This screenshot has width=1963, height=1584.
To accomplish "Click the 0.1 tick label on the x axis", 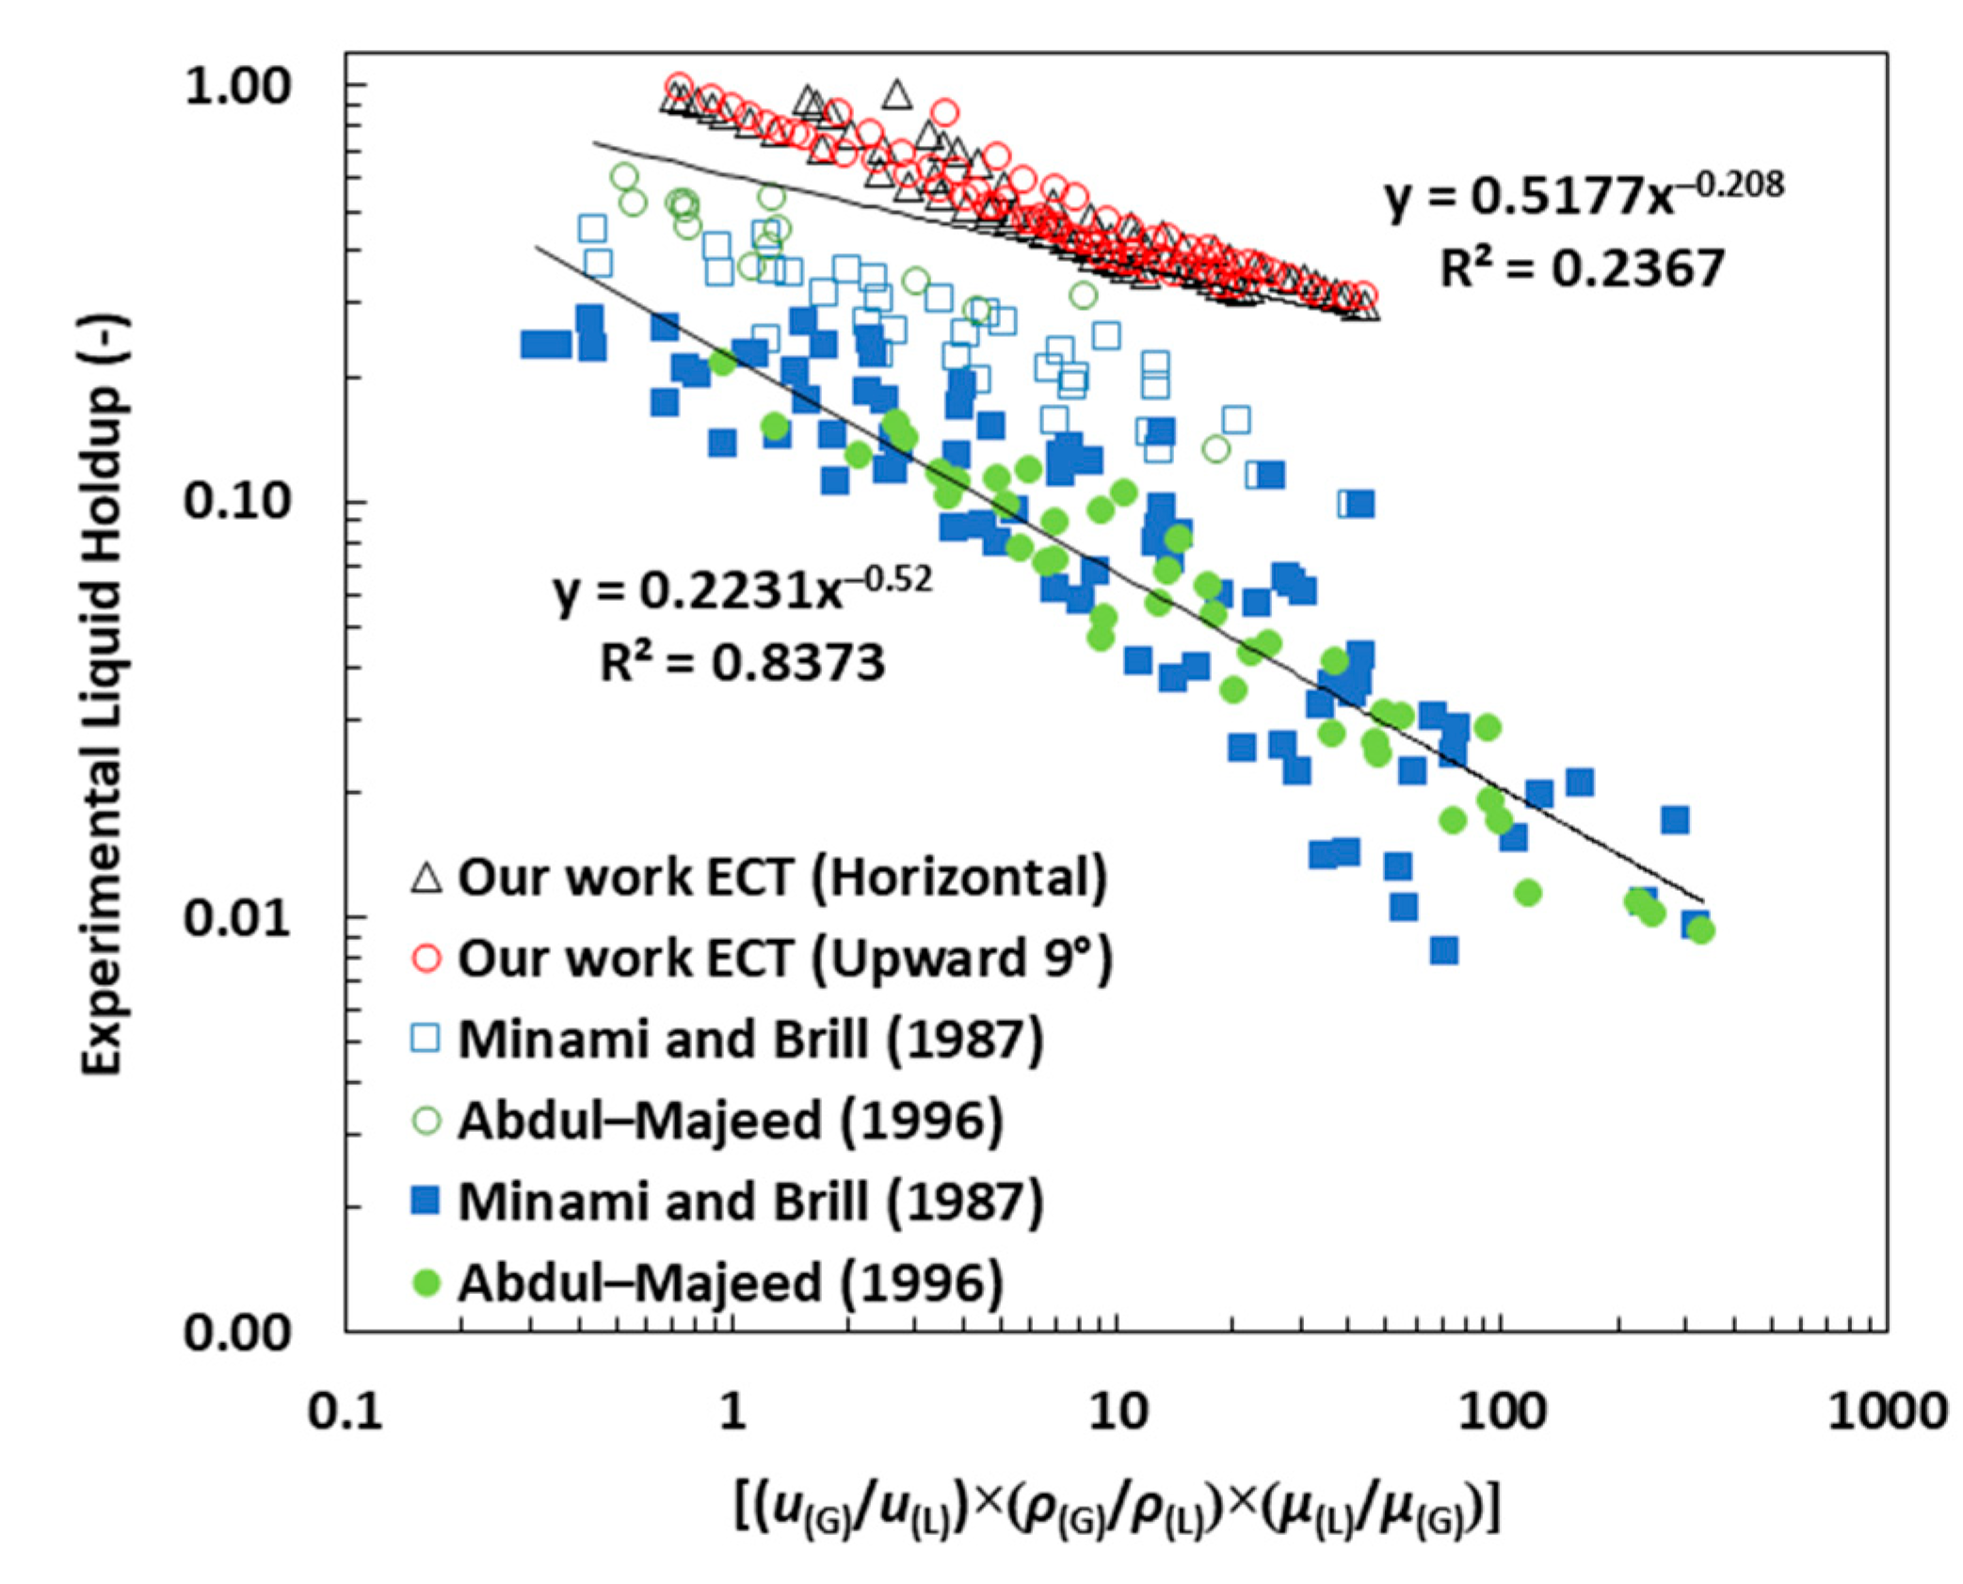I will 346,1412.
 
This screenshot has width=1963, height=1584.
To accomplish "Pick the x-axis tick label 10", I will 1118,1412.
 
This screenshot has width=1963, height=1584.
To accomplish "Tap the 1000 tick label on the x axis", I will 1887,1412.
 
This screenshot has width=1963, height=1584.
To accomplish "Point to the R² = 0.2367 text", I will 1582,269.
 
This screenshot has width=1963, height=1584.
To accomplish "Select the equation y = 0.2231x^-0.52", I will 742,590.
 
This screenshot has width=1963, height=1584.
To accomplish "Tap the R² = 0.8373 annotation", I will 742,662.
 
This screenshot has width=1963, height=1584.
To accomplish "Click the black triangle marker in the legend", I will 426,879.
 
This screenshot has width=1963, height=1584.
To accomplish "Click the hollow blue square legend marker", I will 426,1040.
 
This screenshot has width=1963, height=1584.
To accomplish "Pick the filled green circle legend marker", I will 426,1283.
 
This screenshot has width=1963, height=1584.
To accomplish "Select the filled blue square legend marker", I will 426,1202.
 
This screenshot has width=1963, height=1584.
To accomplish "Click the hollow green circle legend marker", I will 426,1121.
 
